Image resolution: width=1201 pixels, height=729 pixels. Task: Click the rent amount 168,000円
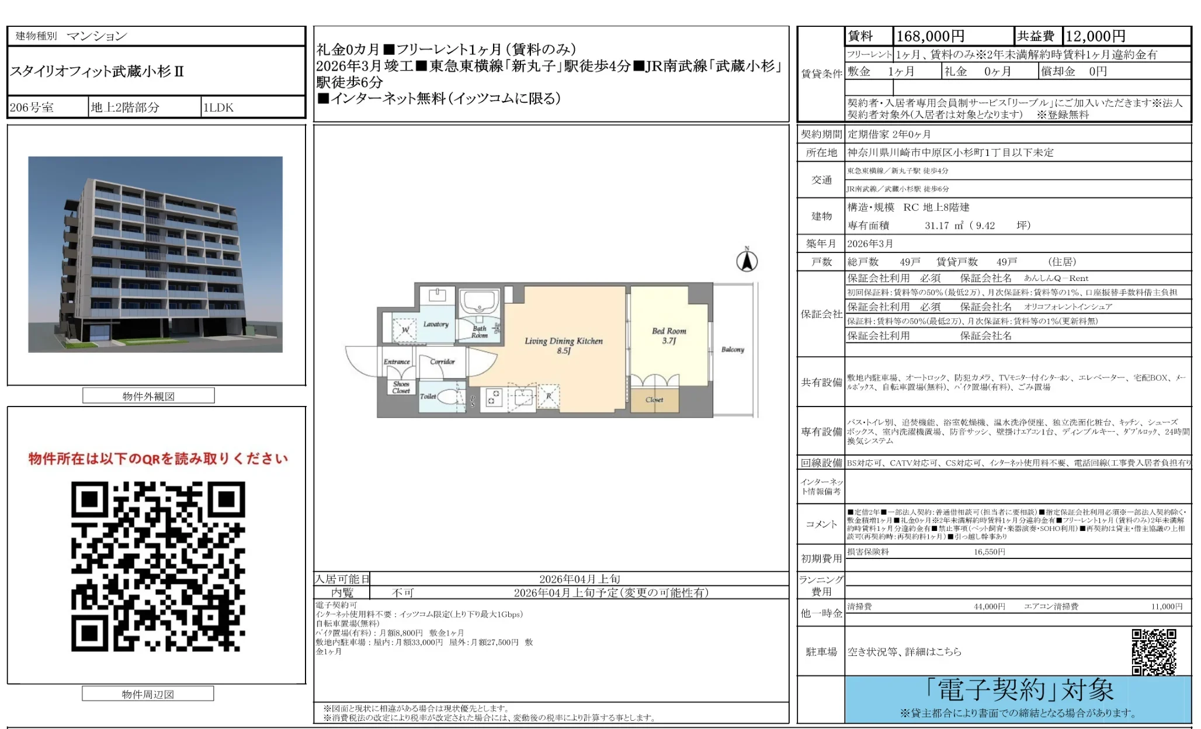[930, 36]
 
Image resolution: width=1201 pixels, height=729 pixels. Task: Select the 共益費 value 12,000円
[1095, 36]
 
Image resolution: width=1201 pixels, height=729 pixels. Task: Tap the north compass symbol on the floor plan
[747, 260]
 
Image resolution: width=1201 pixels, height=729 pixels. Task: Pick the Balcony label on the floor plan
[733, 349]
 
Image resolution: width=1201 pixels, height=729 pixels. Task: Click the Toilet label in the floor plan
[428, 396]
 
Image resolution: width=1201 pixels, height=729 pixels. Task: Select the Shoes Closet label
[401, 387]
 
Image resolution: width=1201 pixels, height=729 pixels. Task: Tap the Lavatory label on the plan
[436, 324]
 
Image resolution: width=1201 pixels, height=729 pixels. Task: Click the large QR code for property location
[158, 566]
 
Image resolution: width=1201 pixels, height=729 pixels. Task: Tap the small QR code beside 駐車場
[1154, 651]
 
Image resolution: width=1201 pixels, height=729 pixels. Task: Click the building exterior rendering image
[155, 254]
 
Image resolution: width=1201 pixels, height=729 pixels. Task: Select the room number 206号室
[32, 107]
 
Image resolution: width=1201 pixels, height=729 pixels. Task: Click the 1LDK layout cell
[218, 107]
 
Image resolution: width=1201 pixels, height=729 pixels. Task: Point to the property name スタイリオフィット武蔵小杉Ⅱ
[98, 72]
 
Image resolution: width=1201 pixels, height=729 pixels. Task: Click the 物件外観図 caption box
[148, 396]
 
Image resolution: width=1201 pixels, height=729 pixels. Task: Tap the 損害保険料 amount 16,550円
[989, 552]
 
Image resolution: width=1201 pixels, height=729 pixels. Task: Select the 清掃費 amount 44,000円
[989, 607]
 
